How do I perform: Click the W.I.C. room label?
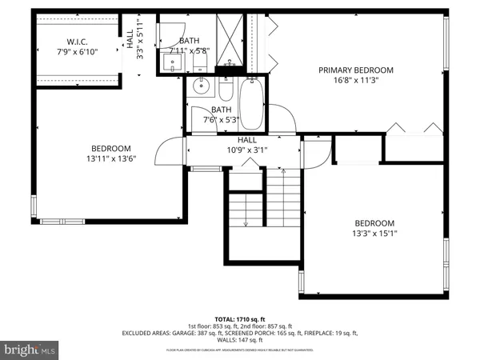point(77,41)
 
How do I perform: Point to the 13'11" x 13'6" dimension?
point(110,158)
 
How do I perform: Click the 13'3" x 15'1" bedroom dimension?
point(374,234)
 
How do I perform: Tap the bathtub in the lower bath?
point(251,104)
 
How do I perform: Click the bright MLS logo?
point(30,349)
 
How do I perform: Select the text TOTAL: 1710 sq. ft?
point(240,319)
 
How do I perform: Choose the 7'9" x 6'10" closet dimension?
point(77,51)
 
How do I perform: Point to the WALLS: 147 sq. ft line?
point(240,340)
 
